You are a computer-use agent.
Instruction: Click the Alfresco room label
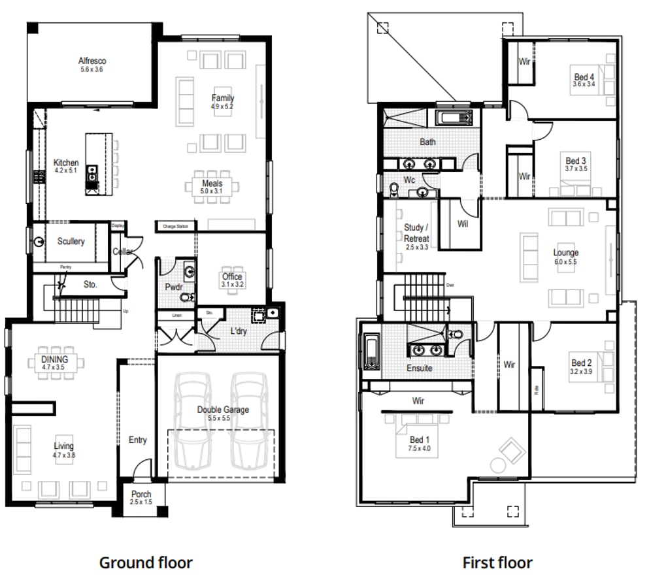[x=92, y=61]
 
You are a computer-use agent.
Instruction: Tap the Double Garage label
[x=224, y=410]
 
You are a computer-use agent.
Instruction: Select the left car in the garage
[x=193, y=420]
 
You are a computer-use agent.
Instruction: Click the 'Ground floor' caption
[x=146, y=563]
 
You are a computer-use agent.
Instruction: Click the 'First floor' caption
[x=497, y=563]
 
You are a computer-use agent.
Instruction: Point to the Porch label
[x=141, y=495]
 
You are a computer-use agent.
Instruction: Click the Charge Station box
[x=176, y=227]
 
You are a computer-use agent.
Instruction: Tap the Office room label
[x=233, y=277]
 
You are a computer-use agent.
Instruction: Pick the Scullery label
[x=71, y=242]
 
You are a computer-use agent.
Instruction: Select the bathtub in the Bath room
[x=454, y=118]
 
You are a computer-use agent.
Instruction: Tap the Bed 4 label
[x=584, y=76]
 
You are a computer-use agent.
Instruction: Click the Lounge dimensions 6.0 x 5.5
[x=565, y=261]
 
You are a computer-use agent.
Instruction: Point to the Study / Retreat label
[x=416, y=233]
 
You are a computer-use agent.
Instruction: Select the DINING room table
[x=55, y=363]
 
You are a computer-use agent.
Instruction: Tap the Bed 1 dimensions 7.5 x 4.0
[x=418, y=449]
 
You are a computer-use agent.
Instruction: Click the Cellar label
[x=124, y=252]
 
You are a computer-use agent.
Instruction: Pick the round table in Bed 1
[x=498, y=465]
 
